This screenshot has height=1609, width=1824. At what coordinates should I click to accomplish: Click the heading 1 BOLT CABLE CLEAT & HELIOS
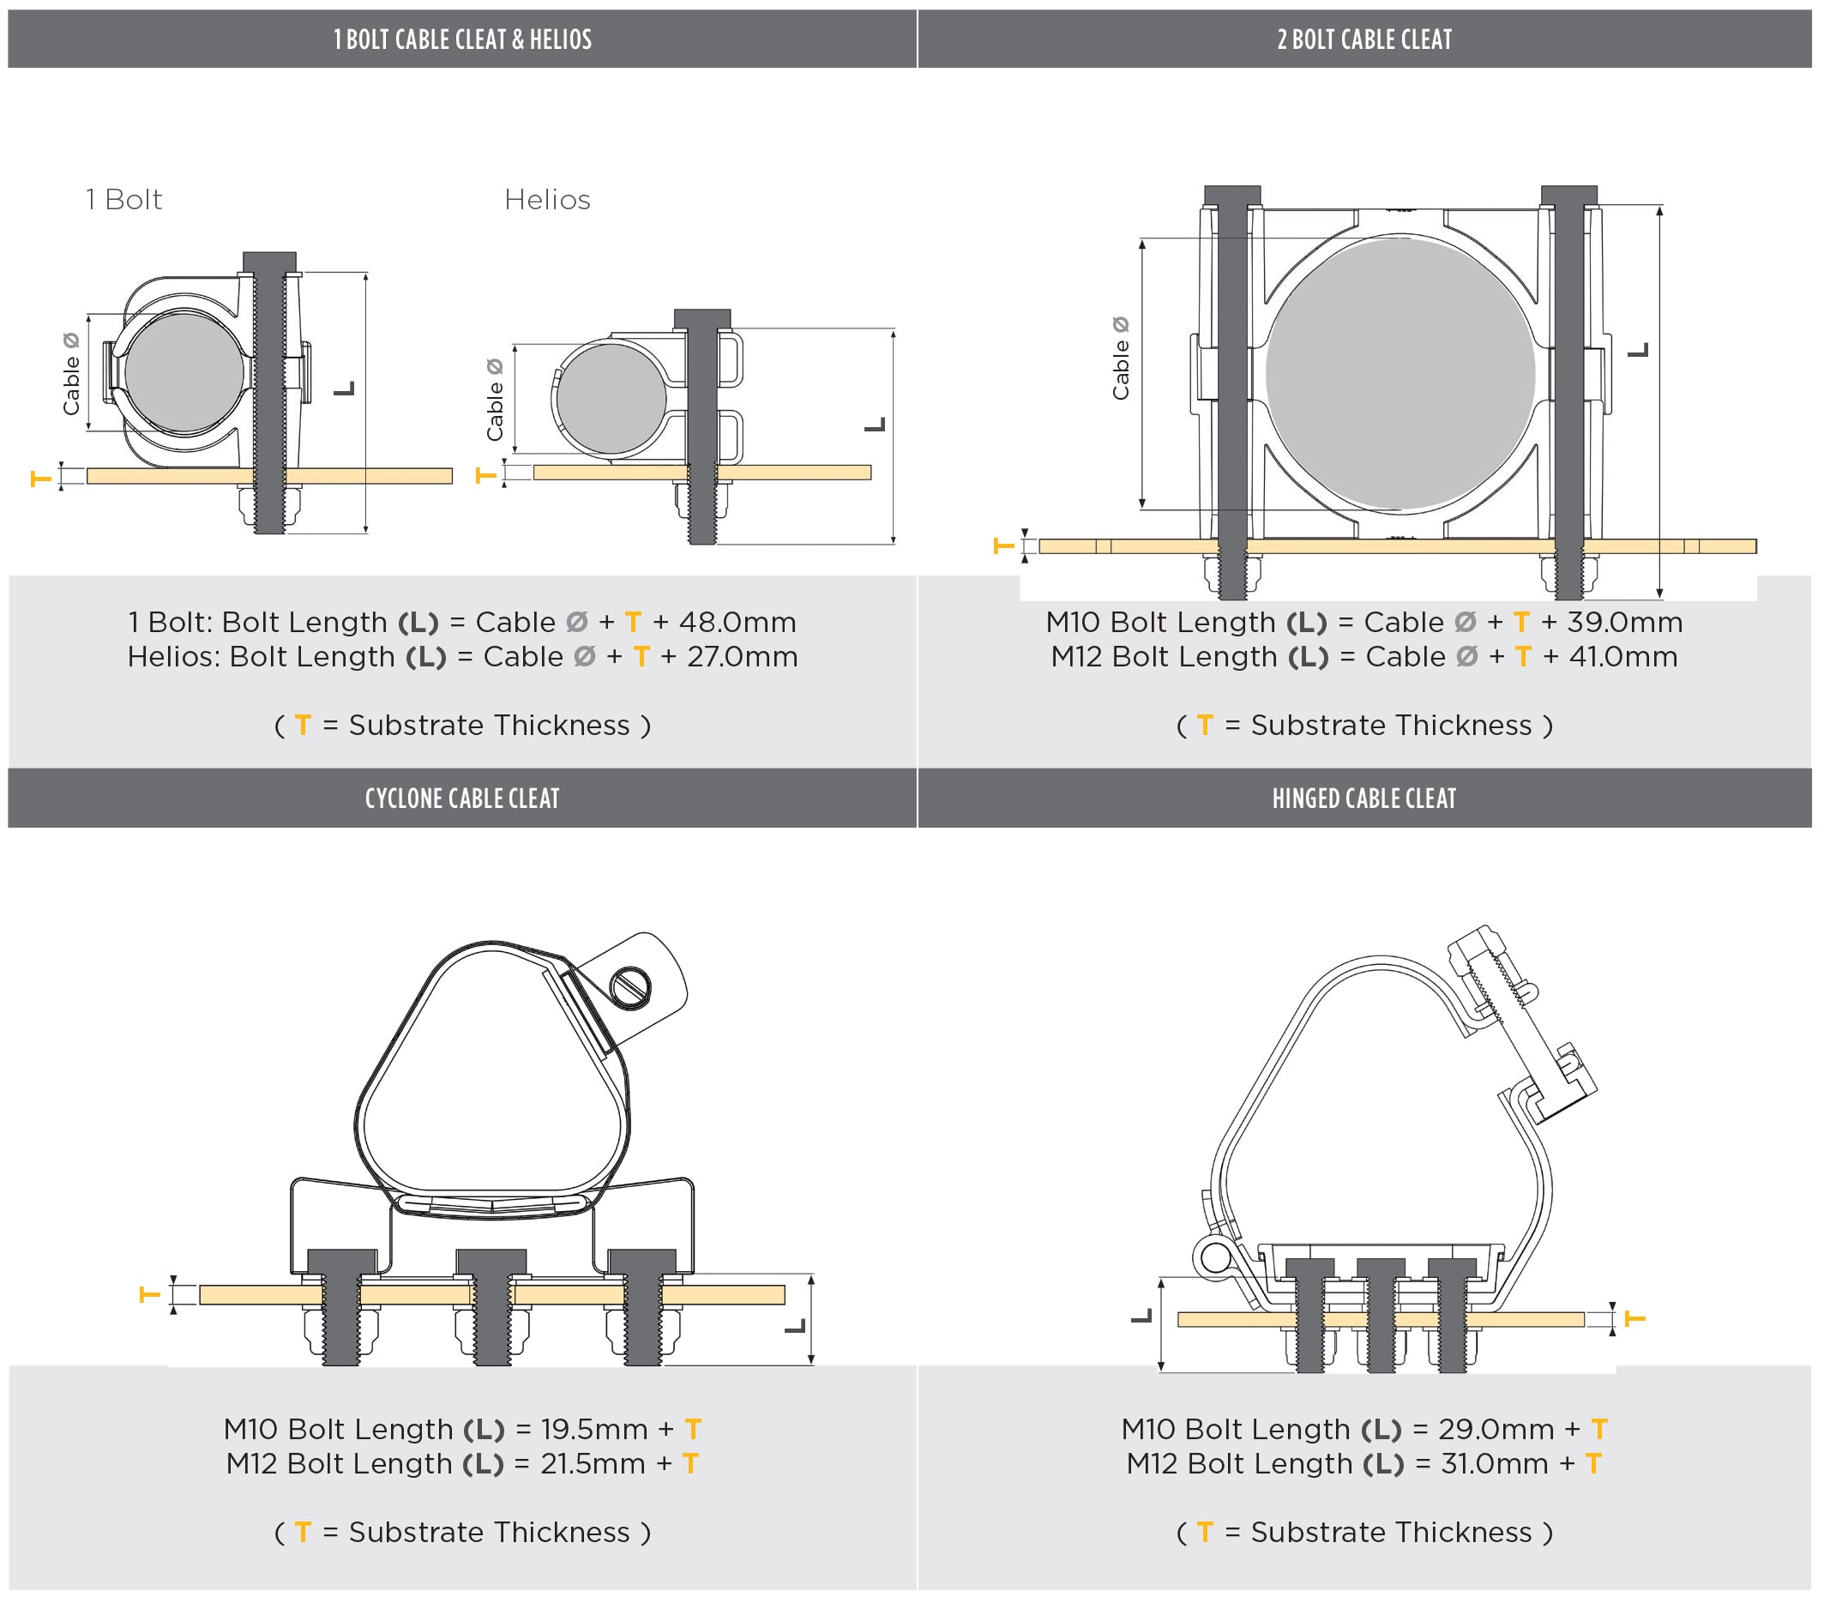[x=462, y=39]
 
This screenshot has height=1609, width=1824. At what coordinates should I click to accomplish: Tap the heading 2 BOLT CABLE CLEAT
[x=1363, y=39]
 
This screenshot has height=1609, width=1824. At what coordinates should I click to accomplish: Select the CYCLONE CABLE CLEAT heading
[x=462, y=798]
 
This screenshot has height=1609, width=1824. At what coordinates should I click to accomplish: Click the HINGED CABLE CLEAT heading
[x=1363, y=798]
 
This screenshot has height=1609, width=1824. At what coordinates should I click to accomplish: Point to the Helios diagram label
[x=547, y=200]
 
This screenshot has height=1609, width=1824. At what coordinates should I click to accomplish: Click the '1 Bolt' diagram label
[x=124, y=200]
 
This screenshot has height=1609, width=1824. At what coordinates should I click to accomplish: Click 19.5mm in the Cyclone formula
[x=593, y=1429]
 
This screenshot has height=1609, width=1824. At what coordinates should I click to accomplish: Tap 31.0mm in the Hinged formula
[x=1494, y=1463]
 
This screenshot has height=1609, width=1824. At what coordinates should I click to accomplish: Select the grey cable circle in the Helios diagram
[x=611, y=399]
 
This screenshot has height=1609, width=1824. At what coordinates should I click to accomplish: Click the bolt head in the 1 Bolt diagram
[x=269, y=262]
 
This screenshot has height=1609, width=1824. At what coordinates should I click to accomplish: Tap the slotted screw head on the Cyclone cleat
[x=632, y=986]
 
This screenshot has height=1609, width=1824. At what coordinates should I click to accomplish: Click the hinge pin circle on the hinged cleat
[x=1213, y=1257]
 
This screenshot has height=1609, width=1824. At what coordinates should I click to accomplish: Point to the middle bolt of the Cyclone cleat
[x=491, y=1307]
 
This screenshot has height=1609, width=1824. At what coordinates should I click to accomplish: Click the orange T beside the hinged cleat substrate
[x=1634, y=1318]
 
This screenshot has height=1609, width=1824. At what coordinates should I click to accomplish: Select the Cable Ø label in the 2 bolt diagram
[x=1120, y=358]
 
